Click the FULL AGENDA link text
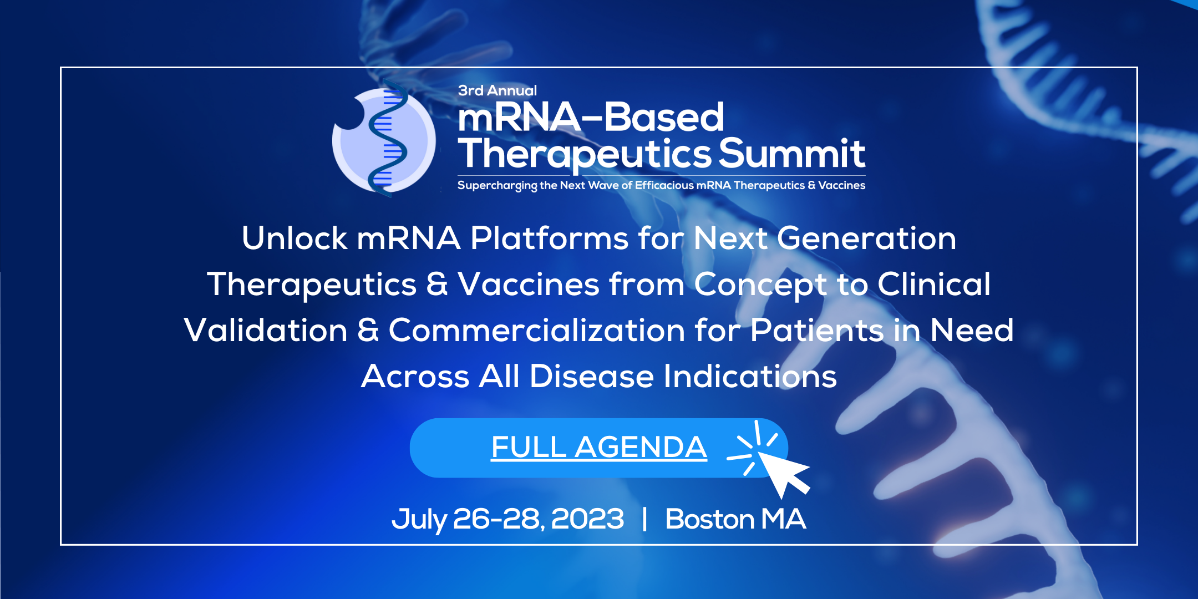[598, 447]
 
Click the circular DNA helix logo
[384, 140]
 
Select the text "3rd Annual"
[497, 90]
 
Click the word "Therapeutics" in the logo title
[585, 154]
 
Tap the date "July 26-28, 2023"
[507, 519]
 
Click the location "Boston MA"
[735, 519]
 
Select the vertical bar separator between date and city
[644, 519]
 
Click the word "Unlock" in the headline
[295, 238]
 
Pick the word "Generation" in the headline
[866, 238]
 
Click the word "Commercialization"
[536, 331]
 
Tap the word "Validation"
[266, 331]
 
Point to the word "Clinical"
[933, 285]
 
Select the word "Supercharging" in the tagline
[498, 186]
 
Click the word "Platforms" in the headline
[549, 238]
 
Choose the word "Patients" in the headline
[817, 331]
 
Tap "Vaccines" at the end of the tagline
[841, 185]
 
